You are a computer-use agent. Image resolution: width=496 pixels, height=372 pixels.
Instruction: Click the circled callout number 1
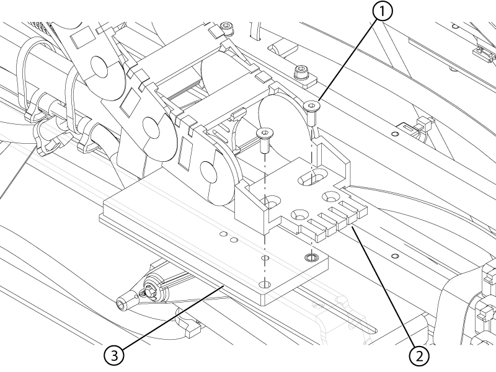click(x=383, y=11)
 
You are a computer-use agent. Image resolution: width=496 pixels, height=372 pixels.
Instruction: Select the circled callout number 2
click(x=420, y=356)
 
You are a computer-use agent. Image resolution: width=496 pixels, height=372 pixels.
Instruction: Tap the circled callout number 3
click(x=114, y=355)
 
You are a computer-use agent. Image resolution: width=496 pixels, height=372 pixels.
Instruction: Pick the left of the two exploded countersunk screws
click(x=265, y=139)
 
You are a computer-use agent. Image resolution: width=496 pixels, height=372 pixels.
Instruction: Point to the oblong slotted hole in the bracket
click(x=312, y=176)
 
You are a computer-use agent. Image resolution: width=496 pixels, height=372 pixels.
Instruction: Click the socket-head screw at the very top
click(x=227, y=28)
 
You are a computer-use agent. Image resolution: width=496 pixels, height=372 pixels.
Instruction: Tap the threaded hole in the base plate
click(x=312, y=257)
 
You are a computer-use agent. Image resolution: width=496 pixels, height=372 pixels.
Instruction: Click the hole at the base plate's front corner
click(x=265, y=284)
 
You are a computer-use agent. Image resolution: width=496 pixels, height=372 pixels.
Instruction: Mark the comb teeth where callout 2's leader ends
click(x=335, y=218)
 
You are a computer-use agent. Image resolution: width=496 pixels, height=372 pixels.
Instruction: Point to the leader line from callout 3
click(x=172, y=317)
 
